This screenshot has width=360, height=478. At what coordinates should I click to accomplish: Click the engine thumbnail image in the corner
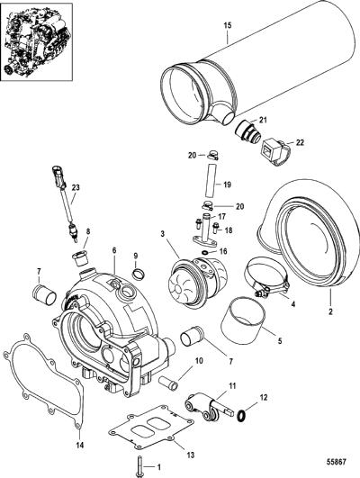click(x=37, y=41)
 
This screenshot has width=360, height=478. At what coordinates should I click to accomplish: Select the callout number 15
click(x=228, y=25)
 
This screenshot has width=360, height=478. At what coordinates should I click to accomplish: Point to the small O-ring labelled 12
click(x=241, y=415)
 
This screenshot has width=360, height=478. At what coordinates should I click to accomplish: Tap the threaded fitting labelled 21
click(x=247, y=131)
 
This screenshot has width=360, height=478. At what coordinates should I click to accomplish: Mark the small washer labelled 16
click(x=206, y=252)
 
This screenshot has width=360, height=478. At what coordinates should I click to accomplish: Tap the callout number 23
click(x=76, y=187)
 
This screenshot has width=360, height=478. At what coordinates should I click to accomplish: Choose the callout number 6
click(x=114, y=250)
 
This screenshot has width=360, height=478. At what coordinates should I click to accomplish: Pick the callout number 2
click(x=330, y=311)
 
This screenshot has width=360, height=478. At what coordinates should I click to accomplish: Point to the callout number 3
click(x=163, y=234)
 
